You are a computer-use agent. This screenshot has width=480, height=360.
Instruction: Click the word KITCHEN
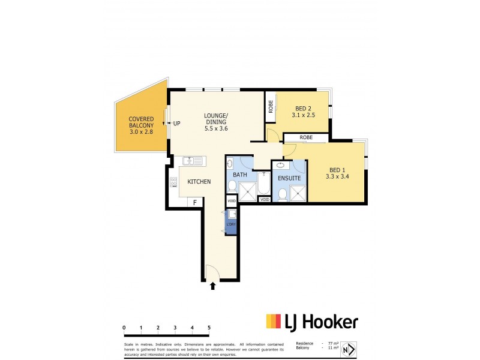pos(199,181)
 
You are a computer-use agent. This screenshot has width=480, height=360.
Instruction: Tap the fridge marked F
pos(194,203)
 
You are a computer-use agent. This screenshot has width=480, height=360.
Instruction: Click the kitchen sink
pos(193,161)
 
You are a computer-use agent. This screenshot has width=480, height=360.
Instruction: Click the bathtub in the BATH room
pos(263,185)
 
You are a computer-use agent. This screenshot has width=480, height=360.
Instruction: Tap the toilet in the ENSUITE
pos(281,193)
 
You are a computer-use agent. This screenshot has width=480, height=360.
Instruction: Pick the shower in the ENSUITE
pos(298,192)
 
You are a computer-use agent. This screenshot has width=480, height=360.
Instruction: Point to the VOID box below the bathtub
pos(264,200)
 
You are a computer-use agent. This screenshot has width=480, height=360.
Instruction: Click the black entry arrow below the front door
pos(212,286)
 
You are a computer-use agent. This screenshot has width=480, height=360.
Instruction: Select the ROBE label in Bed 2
pos(271,107)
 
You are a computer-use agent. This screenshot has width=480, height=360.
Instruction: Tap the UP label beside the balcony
pos(177,124)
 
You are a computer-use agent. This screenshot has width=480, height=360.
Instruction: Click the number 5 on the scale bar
pos(209,328)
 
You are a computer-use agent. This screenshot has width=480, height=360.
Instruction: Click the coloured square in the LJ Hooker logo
pos(273,322)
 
